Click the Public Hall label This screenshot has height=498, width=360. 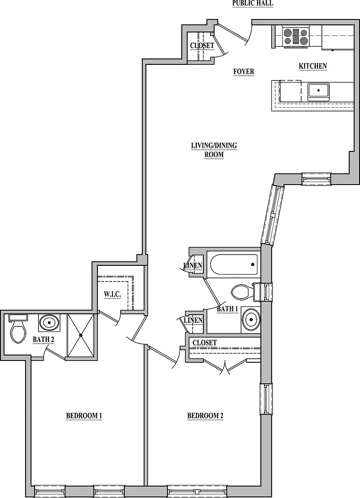253,3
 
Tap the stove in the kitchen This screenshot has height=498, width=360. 296,37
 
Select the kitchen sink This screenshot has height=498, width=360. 318,91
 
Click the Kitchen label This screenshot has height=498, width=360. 312,66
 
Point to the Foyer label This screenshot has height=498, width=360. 244,71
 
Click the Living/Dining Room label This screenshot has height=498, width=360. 214,150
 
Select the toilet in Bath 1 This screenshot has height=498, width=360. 245,291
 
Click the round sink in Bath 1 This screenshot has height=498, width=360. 251,319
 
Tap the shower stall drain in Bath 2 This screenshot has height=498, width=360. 81,335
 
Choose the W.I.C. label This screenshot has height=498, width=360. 112,294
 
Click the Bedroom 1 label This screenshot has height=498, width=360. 84,416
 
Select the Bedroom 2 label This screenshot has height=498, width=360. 205,416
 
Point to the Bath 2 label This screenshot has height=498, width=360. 43,339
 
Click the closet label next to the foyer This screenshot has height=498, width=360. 202,46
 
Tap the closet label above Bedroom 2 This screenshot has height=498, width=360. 205,343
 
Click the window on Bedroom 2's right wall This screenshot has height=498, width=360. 266,399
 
